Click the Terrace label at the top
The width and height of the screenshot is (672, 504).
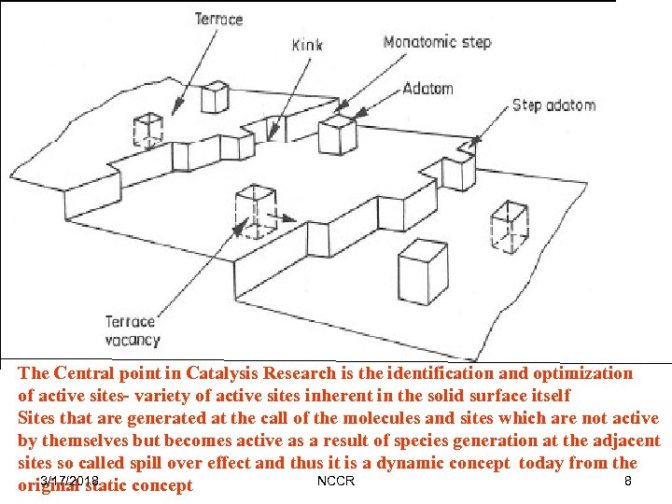(x=219, y=19)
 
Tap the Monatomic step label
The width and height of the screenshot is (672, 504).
(x=437, y=42)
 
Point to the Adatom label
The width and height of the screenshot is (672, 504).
(x=428, y=89)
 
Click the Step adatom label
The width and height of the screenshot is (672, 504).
(x=553, y=105)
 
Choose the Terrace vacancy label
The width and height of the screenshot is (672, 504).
(x=132, y=331)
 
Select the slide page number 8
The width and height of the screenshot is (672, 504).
(x=628, y=481)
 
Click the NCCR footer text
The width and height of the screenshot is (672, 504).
(x=336, y=481)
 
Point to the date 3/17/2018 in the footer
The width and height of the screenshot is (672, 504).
(x=69, y=481)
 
